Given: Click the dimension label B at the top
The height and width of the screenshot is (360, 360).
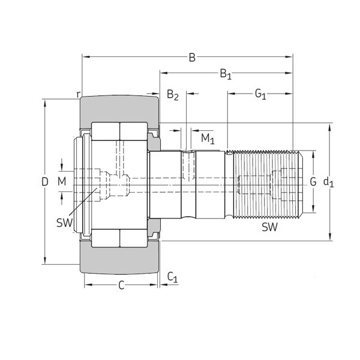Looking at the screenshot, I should pos(192,58).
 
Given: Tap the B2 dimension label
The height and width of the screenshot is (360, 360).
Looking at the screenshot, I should pos(173,95).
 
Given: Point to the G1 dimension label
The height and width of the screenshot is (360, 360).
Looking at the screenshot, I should pos(260,94).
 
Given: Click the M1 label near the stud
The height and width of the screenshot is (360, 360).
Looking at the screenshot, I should pos(207,139).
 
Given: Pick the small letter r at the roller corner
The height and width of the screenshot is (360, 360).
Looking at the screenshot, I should pos(79,94).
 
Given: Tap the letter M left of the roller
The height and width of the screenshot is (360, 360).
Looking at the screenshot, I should pos(62,181).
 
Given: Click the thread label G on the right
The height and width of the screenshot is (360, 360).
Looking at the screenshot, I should pos(313,181).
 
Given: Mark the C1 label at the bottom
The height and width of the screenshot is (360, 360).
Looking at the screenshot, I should pos(172,277).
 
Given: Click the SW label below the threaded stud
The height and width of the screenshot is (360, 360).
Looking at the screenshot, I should pos(269,227).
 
